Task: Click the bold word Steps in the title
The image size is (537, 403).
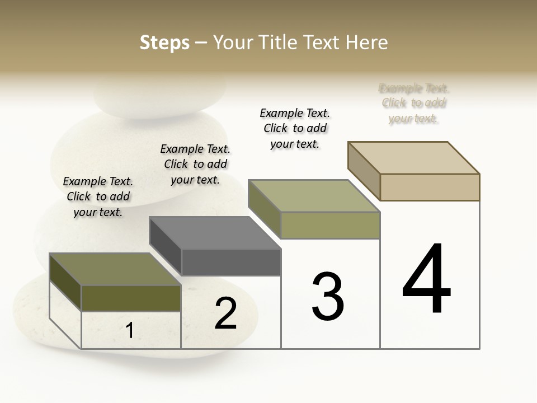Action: coord(164,43)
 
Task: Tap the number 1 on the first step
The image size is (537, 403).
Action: coord(129,331)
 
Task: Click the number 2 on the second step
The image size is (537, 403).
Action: coord(225,313)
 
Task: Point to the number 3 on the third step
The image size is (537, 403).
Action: coord(328,297)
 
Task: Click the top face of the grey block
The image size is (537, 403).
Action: coord(215,233)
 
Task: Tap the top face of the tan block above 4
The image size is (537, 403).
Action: coord(414,157)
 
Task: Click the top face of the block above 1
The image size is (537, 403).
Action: coord(115,269)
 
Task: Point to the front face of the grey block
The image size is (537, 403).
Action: coord(231,263)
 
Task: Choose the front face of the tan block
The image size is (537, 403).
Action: coord(430,187)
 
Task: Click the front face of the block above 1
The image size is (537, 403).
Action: coord(131,298)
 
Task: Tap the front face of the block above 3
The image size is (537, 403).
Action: coord(330,225)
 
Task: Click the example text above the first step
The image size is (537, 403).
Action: coord(98,196)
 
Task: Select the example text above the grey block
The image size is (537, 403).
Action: coord(195,164)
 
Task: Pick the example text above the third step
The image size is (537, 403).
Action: coord(295,128)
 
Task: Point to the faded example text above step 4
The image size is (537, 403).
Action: coord(414,103)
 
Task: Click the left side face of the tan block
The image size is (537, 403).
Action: coord(364,171)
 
